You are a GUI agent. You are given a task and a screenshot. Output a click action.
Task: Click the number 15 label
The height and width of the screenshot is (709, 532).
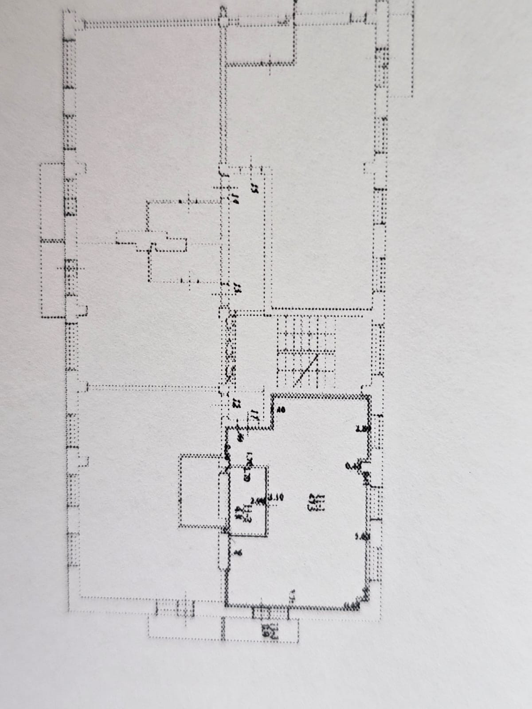tap(254, 187)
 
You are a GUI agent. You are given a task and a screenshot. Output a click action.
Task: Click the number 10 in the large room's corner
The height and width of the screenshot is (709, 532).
tap(281, 410)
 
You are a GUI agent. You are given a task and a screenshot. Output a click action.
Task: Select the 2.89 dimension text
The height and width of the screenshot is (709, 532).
tap(363, 429)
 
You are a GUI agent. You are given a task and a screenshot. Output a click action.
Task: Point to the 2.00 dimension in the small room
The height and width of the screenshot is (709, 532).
tap(257, 501)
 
